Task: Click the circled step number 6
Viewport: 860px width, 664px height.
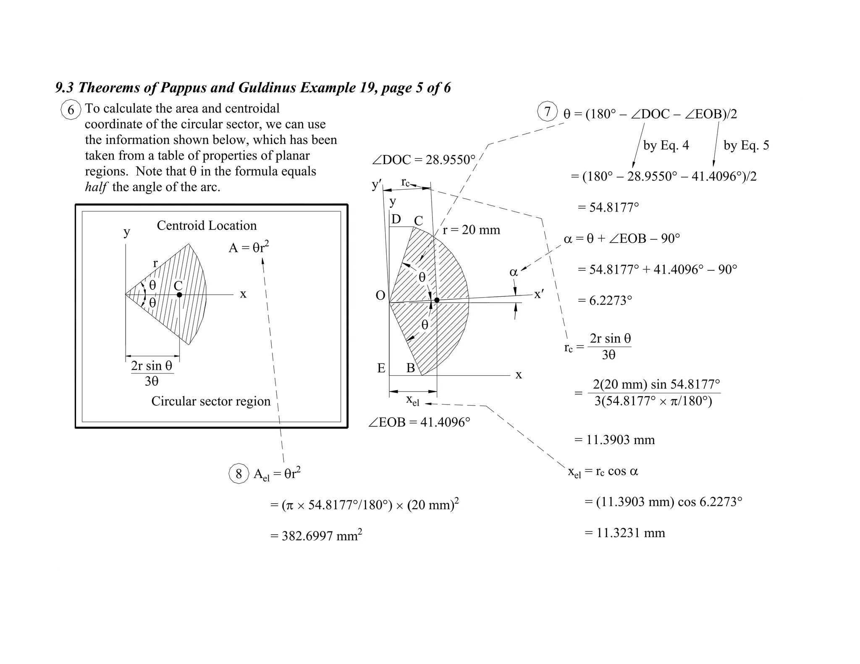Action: coord(71,110)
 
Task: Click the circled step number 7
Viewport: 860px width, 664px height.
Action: coord(547,112)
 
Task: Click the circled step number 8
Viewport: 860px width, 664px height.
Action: coord(239,474)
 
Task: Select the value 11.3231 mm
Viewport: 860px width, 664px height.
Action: coord(630,533)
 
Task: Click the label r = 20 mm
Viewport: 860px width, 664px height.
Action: coord(471,230)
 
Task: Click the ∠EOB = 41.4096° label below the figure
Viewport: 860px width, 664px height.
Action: coord(419,422)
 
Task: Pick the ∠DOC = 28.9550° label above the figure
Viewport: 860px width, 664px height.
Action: coord(423,160)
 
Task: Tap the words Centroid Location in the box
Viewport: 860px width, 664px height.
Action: coord(207,225)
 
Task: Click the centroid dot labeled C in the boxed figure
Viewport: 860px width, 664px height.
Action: coord(179,295)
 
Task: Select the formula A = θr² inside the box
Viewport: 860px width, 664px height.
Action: coord(249,248)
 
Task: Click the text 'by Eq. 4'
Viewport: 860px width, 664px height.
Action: coord(666,145)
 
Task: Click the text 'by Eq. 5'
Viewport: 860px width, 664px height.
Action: coord(746,145)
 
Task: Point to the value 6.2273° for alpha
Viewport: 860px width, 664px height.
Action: coord(610,301)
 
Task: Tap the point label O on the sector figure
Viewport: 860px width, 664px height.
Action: coord(380,295)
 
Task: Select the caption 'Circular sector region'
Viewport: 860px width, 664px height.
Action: coord(211,401)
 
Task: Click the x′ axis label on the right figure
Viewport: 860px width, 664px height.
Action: coord(539,294)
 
